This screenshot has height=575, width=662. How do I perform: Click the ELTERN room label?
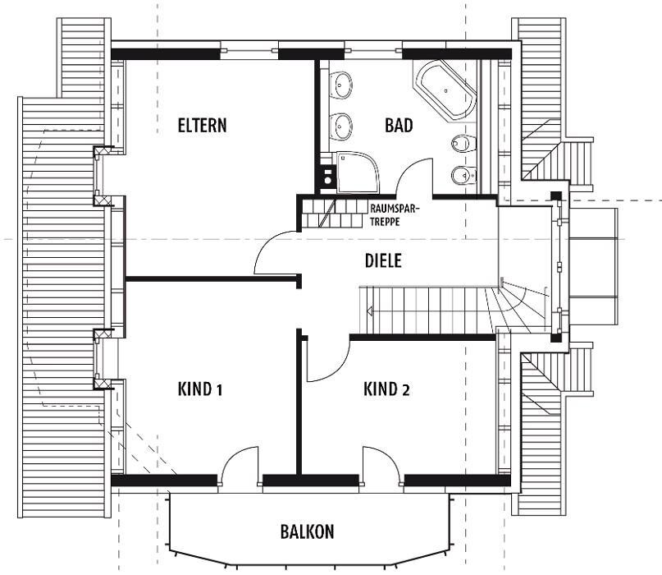203,126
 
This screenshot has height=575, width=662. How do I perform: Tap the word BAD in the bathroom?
399,126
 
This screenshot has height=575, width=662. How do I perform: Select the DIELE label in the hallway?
383,260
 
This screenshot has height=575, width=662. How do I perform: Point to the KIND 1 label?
200,389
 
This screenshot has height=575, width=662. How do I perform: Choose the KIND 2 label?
386,389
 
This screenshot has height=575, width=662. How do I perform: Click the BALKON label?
307,531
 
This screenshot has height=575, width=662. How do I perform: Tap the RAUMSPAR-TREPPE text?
395,215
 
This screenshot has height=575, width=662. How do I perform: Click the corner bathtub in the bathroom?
445,90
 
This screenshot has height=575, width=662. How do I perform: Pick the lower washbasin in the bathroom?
340,126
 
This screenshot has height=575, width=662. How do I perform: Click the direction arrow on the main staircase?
370,311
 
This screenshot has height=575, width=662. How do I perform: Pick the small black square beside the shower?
327,177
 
